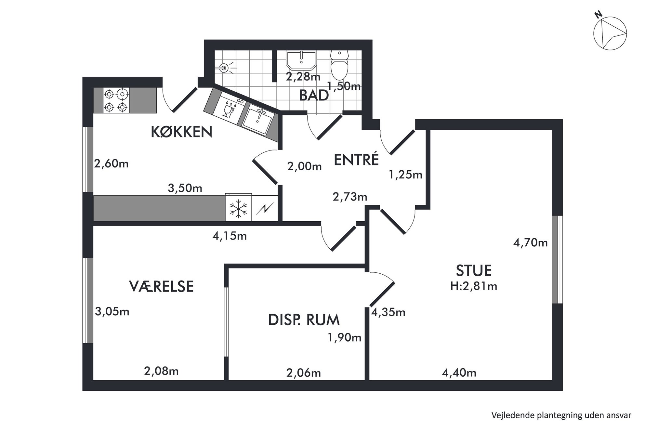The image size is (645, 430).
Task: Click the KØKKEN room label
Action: click(x=182, y=132)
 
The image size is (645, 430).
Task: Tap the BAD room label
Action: click(x=314, y=96)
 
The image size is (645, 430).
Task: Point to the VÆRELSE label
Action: click(x=161, y=286)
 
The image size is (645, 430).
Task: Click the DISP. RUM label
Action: click(x=304, y=320)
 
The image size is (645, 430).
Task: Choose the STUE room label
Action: click(x=474, y=270)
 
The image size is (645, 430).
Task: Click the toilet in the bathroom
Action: click(x=339, y=65)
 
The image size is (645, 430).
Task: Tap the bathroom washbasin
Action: click(x=301, y=60)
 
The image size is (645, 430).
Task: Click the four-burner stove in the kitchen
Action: click(x=116, y=100)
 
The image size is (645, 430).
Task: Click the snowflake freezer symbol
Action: click(x=238, y=208)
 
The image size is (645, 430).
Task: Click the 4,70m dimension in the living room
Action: click(x=530, y=242)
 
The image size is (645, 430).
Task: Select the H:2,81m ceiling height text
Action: click(x=474, y=286)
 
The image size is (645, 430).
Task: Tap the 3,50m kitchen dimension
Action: click(x=185, y=188)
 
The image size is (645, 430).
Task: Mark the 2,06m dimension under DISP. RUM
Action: click(x=304, y=373)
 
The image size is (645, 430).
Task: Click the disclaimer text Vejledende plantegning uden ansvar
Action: click(x=561, y=415)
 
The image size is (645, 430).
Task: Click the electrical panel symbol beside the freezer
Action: click(x=265, y=208)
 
